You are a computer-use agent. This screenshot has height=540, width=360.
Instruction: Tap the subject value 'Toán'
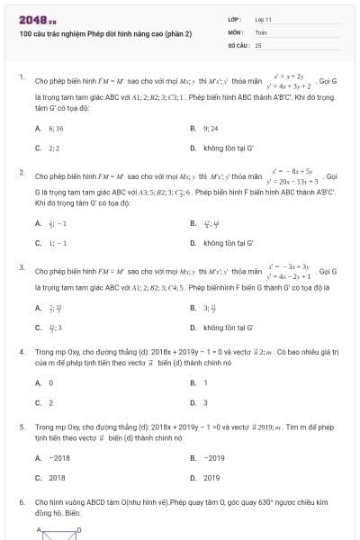[261, 31]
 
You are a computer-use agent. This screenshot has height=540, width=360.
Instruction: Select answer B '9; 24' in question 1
[211, 129]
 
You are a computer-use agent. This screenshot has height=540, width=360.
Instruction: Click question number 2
[22, 171]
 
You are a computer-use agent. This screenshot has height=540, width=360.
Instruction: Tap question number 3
[22, 267]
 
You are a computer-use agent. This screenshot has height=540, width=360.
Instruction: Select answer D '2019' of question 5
[211, 478]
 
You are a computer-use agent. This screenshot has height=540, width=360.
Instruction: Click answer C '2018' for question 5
[57, 478]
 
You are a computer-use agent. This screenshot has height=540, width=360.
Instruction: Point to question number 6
[22, 500]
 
